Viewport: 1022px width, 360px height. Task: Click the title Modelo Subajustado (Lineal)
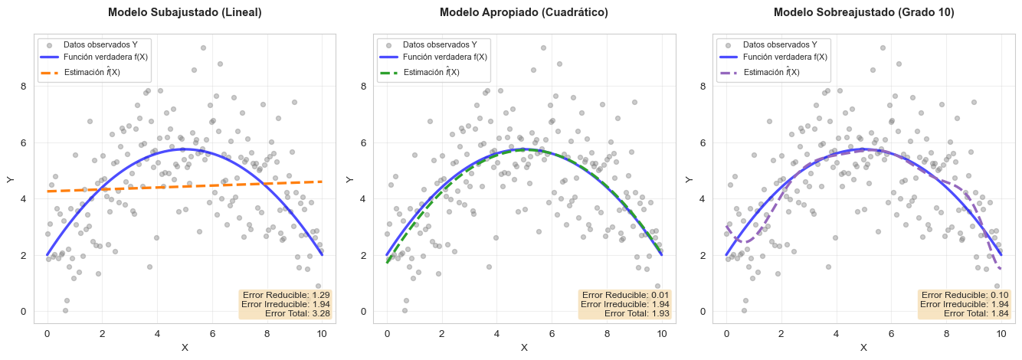click(x=185, y=12)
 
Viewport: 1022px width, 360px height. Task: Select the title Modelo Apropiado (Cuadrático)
click(x=524, y=12)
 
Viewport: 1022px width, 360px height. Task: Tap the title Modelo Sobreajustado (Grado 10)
click(x=863, y=12)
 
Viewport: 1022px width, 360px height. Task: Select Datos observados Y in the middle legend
click(x=441, y=44)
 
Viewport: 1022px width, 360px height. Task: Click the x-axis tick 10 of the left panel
click(x=322, y=334)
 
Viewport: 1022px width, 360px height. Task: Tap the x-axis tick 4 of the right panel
click(x=836, y=334)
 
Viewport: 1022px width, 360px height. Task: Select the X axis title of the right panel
click(x=863, y=348)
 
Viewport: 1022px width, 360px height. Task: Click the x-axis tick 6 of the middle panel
click(x=552, y=334)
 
